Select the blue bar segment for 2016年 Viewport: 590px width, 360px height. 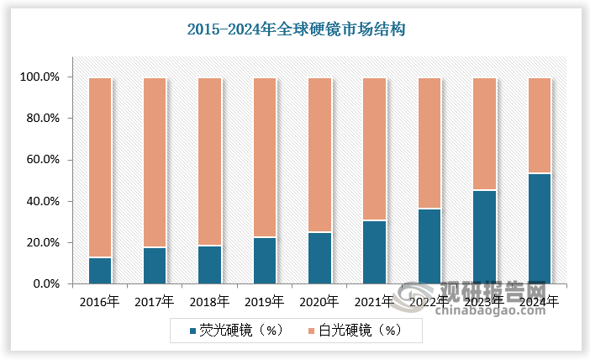(100, 271)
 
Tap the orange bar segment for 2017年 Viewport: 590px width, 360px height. (155, 162)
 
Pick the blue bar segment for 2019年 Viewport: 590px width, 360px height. (265, 261)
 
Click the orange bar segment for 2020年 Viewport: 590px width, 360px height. (319, 155)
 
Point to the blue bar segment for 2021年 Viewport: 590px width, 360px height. (374, 252)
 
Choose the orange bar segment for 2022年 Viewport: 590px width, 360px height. (429, 143)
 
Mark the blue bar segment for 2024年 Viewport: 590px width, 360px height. (539, 229)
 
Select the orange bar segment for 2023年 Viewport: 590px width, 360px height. (484, 134)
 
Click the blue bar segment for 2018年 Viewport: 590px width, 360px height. (210, 265)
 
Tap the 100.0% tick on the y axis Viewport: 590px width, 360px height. (40, 77)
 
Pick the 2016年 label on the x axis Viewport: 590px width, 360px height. (100, 300)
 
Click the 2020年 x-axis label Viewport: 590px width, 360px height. (319, 300)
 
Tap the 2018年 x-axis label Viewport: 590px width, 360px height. (210, 300)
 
